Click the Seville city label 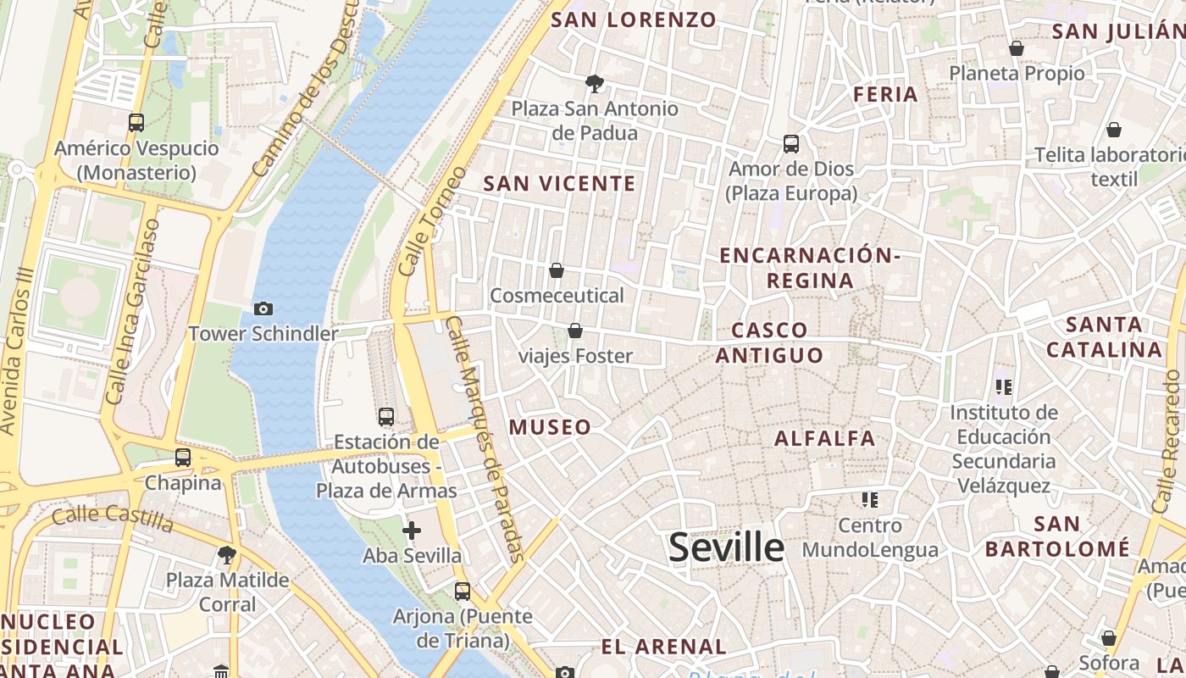tap(727, 547)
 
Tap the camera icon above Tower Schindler tap(263, 309)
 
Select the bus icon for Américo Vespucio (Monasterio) tap(136, 123)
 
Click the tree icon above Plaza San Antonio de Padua tap(595, 83)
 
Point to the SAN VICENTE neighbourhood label tap(559, 183)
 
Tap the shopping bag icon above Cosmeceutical tap(557, 270)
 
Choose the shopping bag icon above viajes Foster tap(575, 330)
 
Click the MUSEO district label tap(550, 427)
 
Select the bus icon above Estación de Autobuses tap(386, 416)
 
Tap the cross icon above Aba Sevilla tap(412, 531)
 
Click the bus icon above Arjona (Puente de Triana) tap(462, 591)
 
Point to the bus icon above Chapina tap(183, 458)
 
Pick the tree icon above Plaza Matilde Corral tap(226, 555)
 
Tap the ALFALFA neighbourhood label tap(825, 438)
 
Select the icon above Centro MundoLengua tap(869, 500)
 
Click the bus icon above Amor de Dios tap(791, 144)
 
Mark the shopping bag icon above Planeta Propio tap(1017, 48)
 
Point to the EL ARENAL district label tap(664, 647)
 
